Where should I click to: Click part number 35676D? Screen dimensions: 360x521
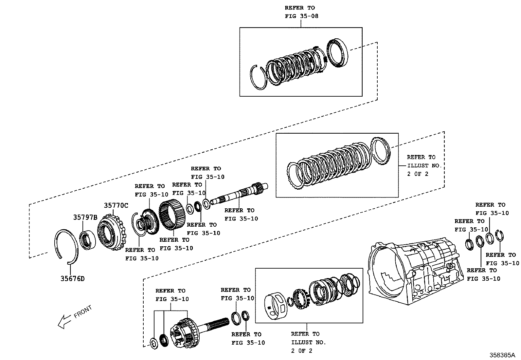(72, 279)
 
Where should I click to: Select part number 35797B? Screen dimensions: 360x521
(85, 218)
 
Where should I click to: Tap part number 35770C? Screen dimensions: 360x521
(116, 206)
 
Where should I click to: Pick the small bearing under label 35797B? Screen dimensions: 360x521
(88, 240)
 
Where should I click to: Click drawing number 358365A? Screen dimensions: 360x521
(502, 355)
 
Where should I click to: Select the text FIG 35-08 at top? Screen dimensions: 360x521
(301, 16)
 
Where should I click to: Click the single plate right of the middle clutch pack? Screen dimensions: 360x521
(381, 152)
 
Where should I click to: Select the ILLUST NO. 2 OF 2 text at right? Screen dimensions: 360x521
(424, 165)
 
